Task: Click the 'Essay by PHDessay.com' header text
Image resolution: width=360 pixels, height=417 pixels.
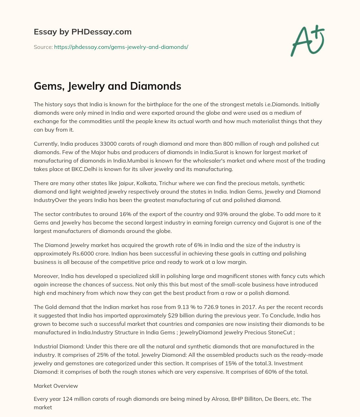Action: [83, 32]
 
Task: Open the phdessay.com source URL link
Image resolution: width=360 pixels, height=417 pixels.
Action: [121, 47]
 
